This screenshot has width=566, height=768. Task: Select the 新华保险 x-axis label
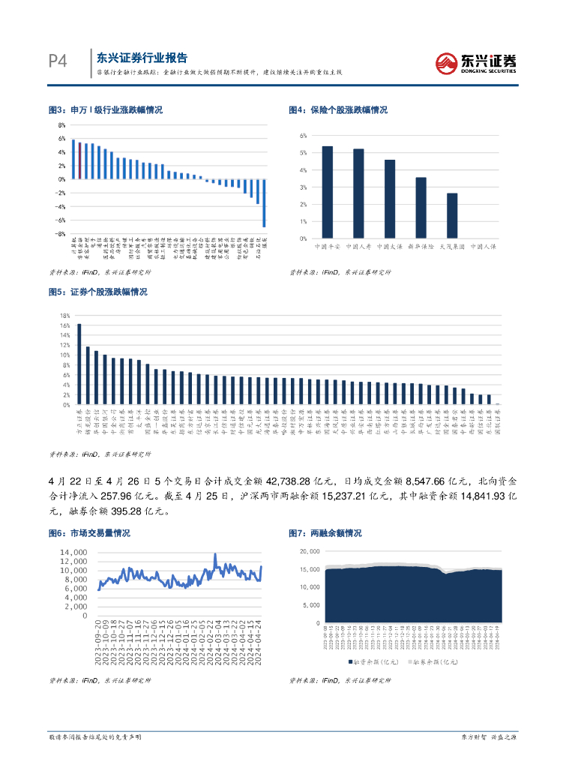(421, 245)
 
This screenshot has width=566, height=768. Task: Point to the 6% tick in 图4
(304, 136)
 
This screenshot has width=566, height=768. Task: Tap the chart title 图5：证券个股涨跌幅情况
(97, 292)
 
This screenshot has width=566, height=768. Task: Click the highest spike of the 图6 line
(215, 556)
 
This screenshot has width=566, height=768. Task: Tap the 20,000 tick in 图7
(310, 551)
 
